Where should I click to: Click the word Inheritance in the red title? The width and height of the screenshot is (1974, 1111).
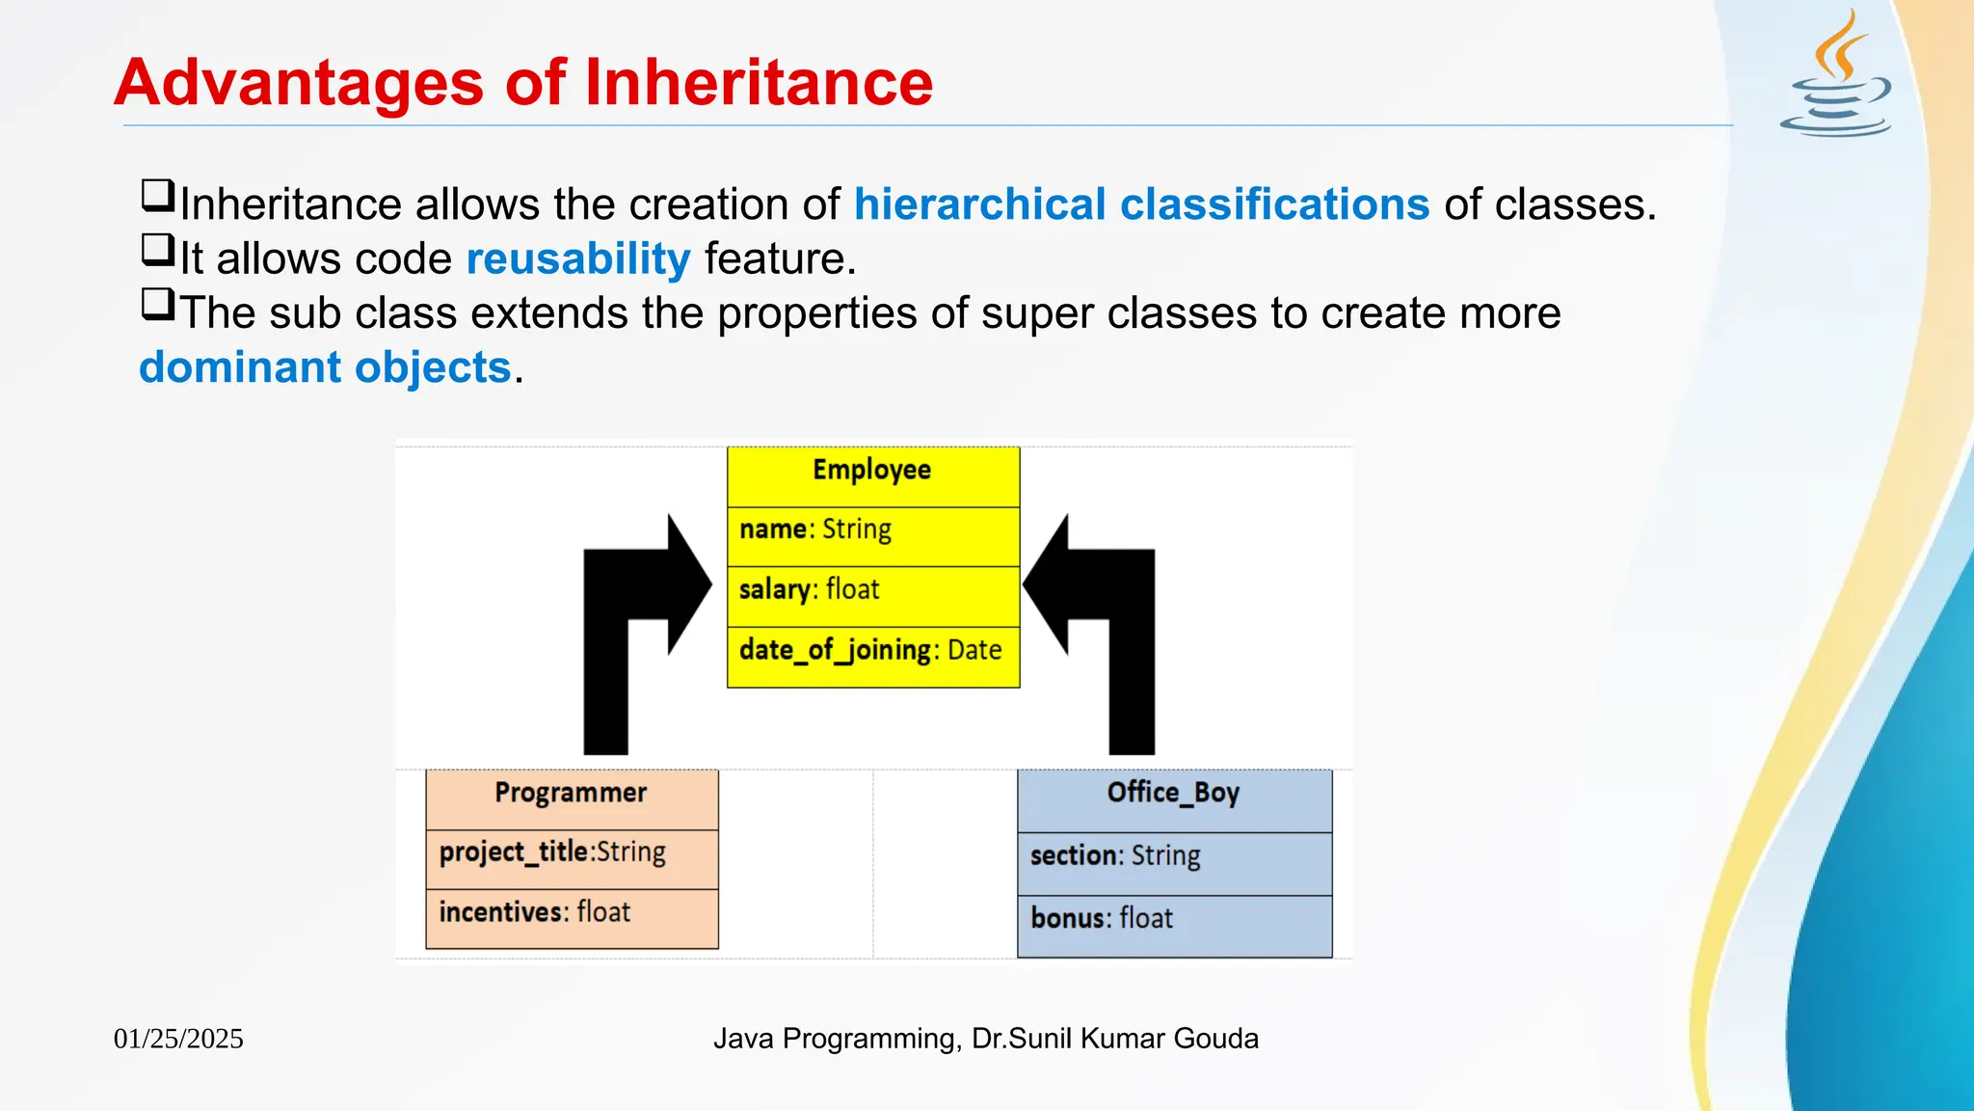(x=759, y=83)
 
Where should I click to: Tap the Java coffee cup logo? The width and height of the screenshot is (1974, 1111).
(x=1836, y=77)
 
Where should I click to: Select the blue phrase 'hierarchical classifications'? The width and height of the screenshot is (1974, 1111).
(x=1141, y=204)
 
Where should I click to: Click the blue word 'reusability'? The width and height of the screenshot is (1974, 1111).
(x=578, y=258)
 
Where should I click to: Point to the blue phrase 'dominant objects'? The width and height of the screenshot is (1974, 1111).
(x=325, y=367)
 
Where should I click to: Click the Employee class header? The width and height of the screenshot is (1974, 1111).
(x=872, y=471)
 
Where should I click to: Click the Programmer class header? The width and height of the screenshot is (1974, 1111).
(x=571, y=793)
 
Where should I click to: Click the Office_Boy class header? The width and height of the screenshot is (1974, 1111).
(x=1173, y=793)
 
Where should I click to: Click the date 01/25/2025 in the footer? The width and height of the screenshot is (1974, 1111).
(x=178, y=1039)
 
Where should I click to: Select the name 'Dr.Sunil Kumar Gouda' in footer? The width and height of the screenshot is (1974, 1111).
(x=1115, y=1039)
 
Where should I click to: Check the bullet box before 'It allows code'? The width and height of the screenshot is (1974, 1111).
(x=157, y=251)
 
